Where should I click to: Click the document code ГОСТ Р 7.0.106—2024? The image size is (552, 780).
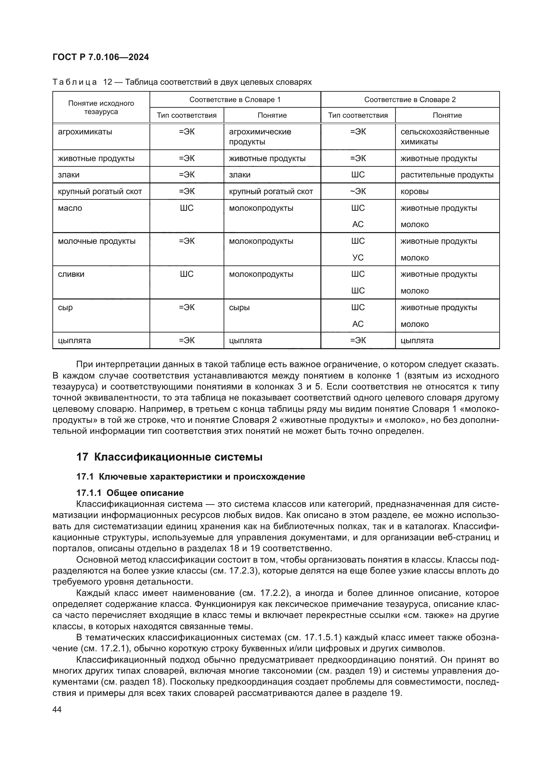coord(100,57)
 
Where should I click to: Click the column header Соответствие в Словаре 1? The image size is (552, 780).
coord(235,99)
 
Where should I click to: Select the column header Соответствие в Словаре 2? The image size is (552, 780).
coord(409,99)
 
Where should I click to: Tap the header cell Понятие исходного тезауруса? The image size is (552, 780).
coord(101,107)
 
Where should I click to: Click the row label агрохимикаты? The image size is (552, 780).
coord(85,132)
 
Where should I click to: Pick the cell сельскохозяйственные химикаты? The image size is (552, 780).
coord(445,137)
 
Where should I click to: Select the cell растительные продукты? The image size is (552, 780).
coord(447,175)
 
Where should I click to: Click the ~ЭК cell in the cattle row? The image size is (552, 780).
coord(357,192)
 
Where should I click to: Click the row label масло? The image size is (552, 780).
coord(70,208)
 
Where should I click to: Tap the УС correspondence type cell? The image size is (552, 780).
coord(357,258)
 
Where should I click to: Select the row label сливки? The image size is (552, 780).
coord(71,274)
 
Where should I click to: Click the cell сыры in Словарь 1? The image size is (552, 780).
coord(239,307)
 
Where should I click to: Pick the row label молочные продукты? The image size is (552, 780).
coord(96,241)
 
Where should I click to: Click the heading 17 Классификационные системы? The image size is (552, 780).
coord(169,457)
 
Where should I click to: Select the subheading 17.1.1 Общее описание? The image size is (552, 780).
coord(130,493)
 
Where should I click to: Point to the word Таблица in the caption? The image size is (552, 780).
coord(74,82)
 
